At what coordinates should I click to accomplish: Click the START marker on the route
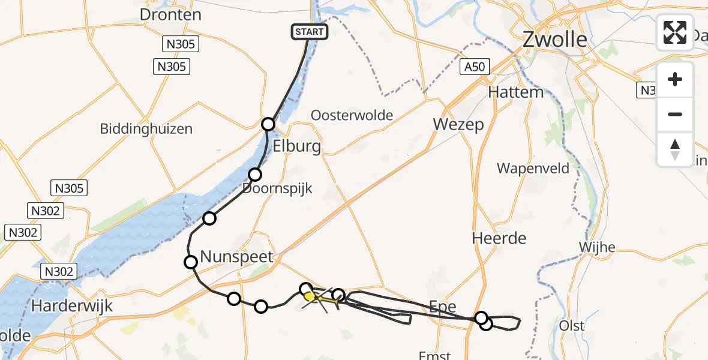click(310, 32)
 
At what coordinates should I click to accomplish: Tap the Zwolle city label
click(555, 40)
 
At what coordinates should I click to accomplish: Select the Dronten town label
click(170, 14)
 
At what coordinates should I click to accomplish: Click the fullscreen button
click(675, 32)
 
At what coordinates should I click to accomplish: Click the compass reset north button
click(675, 149)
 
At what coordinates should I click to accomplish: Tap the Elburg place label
click(296, 147)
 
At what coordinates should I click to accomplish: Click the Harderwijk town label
click(72, 306)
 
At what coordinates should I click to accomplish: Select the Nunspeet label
click(236, 257)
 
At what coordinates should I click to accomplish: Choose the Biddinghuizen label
click(146, 128)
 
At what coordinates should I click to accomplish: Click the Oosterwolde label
click(352, 115)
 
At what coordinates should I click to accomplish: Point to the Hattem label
click(515, 92)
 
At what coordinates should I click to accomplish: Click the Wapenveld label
click(533, 169)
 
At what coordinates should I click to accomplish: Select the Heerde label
click(499, 238)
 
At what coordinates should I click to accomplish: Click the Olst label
click(571, 325)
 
